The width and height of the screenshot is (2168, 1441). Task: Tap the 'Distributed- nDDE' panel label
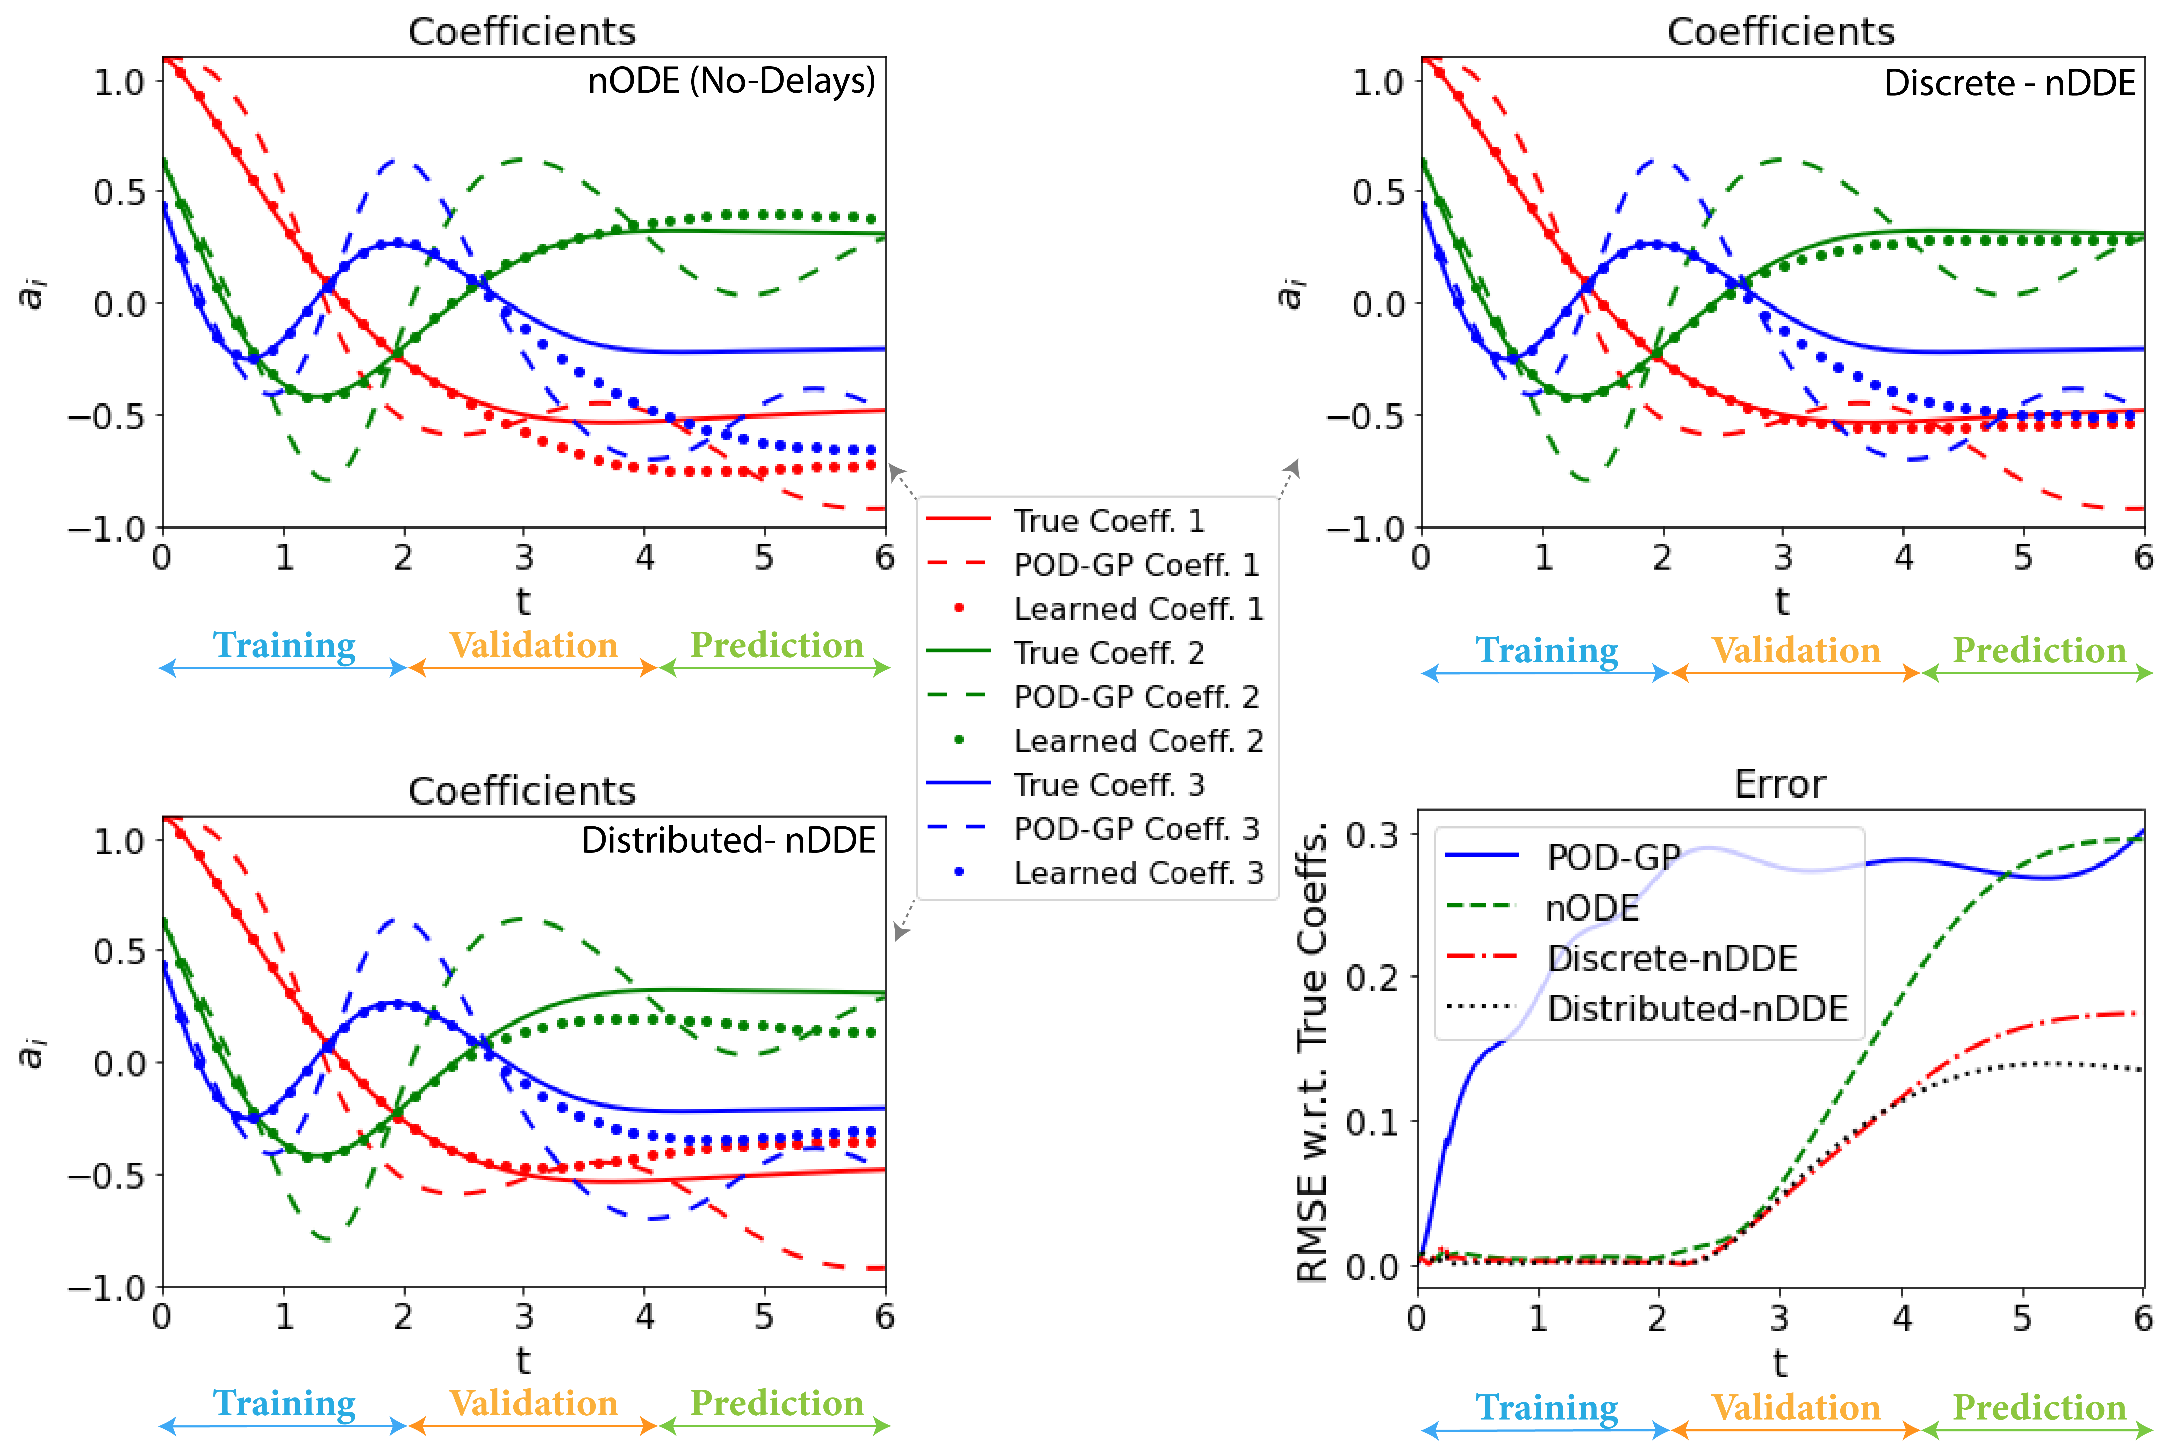(728, 840)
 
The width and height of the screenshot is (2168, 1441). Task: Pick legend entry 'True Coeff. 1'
(1108, 521)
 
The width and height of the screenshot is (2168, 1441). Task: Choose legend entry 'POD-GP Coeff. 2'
(1136, 697)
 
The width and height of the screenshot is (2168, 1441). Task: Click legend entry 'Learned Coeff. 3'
(1138, 872)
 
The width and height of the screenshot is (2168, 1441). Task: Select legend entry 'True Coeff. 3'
(1108, 785)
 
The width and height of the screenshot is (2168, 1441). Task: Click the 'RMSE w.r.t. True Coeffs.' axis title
(1312, 1052)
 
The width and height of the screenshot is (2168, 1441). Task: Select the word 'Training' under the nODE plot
(284, 645)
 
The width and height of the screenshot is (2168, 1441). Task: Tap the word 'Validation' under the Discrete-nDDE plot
(1796, 651)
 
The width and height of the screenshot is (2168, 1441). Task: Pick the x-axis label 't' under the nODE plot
(523, 602)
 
